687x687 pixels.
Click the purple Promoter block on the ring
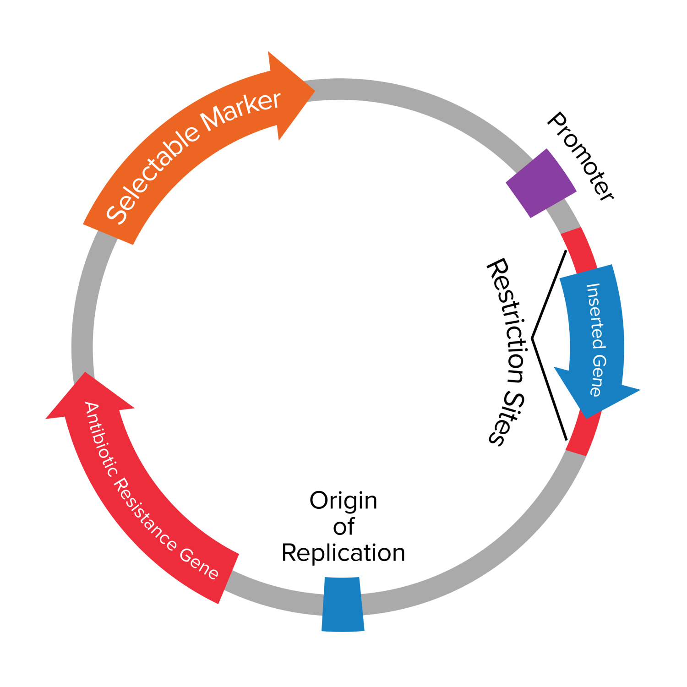pyautogui.click(x=540, y=183)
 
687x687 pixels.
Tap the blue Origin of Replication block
pyautogui.click(x=343, y=605)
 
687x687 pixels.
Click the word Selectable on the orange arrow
pyautogui.click(x=151, y=176)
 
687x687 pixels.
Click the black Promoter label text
pyautogui.click(x=581, y=156)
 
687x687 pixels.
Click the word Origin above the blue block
pyautogui.click(x=343, y=501)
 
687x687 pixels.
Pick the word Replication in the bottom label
pyautogui.click(x=343, y=553)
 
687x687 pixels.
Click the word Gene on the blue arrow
pyautogui.click(x=598, y=376)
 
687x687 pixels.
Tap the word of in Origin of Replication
pyautogui.click(x=343, y=527)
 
